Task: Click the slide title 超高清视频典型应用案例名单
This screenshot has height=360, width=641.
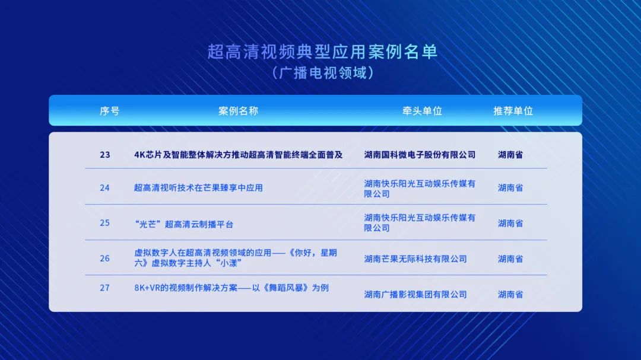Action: (x=322, y=52)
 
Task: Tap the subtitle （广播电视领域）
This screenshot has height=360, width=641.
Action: (x=322, y=73)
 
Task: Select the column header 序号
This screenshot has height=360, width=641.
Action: (x=110, y=111)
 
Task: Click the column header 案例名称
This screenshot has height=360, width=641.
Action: (x=239, y=111)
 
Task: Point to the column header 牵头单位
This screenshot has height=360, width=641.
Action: (x=423, y=111)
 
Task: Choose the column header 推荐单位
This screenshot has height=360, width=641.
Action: (x=513, y=111)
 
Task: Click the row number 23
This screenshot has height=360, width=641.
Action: (x=105, y=155)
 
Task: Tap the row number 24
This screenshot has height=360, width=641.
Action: (x=104, y=188)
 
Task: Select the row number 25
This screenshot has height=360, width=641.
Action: (x=104, y=223)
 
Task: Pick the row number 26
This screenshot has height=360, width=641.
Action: (x=104, y=259)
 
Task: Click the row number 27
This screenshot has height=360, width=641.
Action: (x=104, y=288)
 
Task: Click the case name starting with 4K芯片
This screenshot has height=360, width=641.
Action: (x=239, y=155)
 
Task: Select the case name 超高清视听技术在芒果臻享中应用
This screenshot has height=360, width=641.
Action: (x=198, y=188)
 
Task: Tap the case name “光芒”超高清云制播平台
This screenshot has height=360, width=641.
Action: (x=183, y=224)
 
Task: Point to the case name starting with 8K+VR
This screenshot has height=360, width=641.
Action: (x=231, y=288)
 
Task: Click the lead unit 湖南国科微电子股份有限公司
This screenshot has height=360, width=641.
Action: (x=420, y=155)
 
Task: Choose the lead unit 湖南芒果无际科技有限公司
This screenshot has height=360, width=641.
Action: (x=415, y=259)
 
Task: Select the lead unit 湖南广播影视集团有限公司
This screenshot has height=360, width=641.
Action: (x=415, y=294)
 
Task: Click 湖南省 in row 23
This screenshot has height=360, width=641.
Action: (x=510, y=155)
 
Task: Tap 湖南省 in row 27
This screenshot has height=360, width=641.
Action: (x=510, y=294)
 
